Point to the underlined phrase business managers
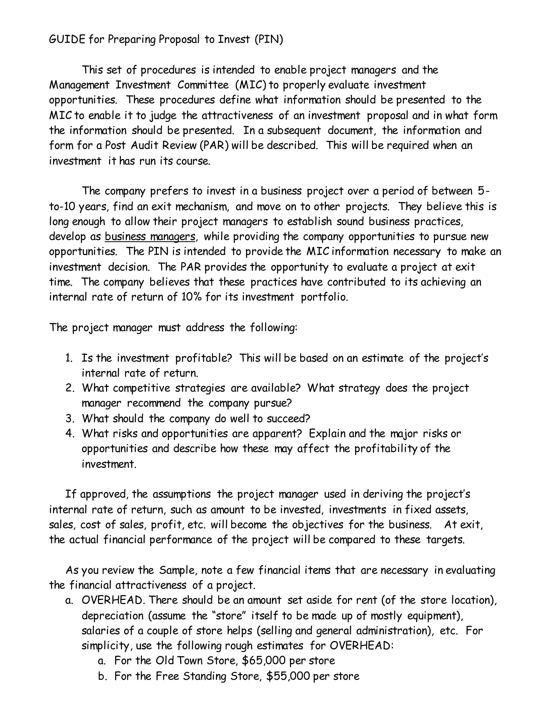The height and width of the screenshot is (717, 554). coord(150,236)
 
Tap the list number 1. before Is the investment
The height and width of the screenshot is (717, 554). coord(69,358)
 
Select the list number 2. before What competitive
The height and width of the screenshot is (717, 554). coord(70,388)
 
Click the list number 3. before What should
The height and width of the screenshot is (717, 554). coord(70,419)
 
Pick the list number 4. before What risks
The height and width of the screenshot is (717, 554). coord(70,433)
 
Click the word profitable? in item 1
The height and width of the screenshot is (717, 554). coord(203,358)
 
